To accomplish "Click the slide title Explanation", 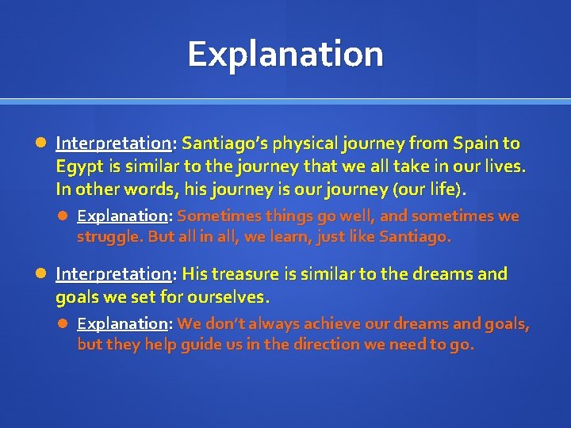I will (285, 54).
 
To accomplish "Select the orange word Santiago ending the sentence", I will (414, 237).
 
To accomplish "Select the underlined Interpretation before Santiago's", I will (113, 143).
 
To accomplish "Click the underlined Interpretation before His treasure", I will (113, 274).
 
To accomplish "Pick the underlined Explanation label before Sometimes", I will (122, 216).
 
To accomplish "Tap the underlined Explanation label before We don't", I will (122, 323).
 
